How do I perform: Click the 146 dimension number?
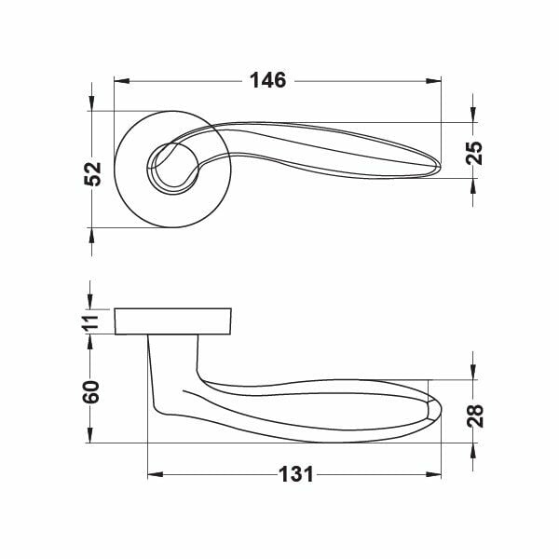click(268, 80)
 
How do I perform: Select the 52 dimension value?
click(92, 173)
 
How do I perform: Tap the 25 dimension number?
click(474, 153)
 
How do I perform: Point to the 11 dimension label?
click(91, 324)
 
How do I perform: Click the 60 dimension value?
click(91, 392)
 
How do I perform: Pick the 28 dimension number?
click(475, 416)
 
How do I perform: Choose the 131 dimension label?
click(296, 474)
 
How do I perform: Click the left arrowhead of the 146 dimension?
click(121, 81)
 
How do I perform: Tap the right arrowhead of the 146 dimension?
click(433, 81)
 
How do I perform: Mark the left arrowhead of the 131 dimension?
click(156, 474)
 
